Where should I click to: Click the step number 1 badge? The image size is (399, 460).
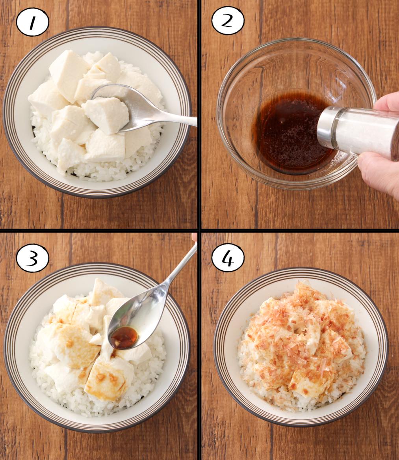[32, 22]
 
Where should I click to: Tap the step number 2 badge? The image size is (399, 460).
[228, 21]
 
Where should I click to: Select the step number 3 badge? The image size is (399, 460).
[32, 259]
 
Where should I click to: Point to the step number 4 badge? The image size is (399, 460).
[228, 258]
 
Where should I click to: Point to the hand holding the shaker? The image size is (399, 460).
[381, 147]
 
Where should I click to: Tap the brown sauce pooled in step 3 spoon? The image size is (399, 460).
[124, 337]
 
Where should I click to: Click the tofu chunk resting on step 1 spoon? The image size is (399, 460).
[106, 114]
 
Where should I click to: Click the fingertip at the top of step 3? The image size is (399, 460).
[194, 237]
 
